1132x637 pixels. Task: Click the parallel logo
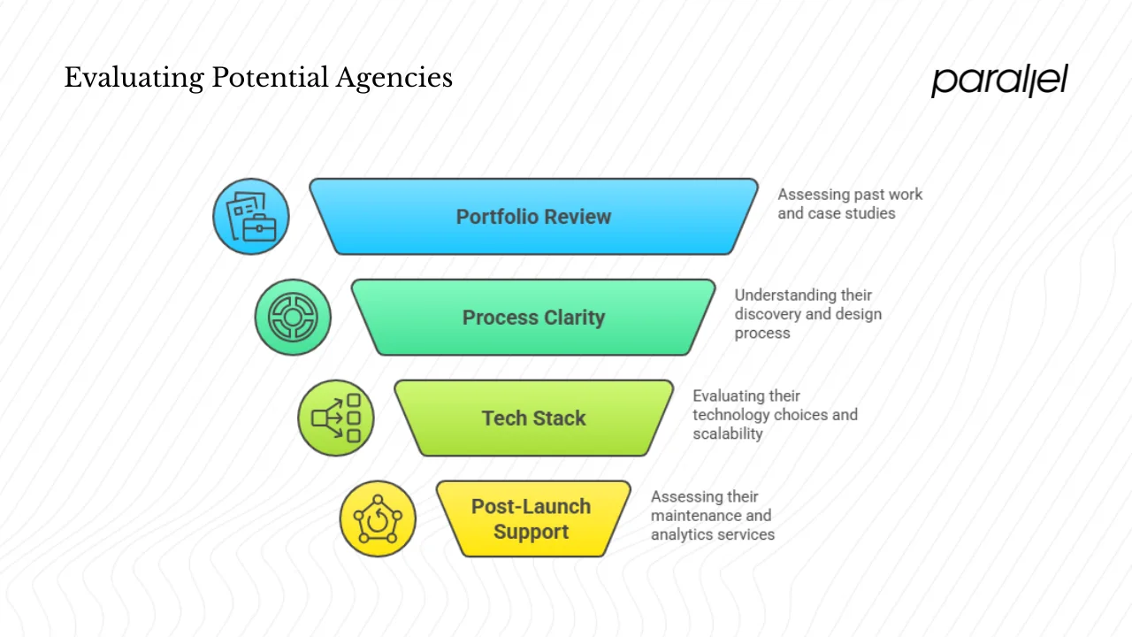(999, 81)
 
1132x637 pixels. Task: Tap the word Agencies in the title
(394, 78)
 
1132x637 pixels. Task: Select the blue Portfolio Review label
(533, 217)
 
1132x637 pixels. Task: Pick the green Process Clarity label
(533, 318)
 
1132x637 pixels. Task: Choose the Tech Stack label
(533, 418)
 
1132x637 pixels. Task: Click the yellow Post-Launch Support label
(531, 519)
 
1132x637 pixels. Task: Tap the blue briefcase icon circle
(251, 217)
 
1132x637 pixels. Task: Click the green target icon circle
(293, 318)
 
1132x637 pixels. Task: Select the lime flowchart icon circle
(336, 418)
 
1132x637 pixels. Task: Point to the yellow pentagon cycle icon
(378, 519)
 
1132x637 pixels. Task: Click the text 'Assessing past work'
(850, 195)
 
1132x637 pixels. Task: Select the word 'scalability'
(727, 434)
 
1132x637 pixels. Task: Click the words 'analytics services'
(713, 534)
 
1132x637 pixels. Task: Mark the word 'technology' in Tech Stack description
(731, 415)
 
